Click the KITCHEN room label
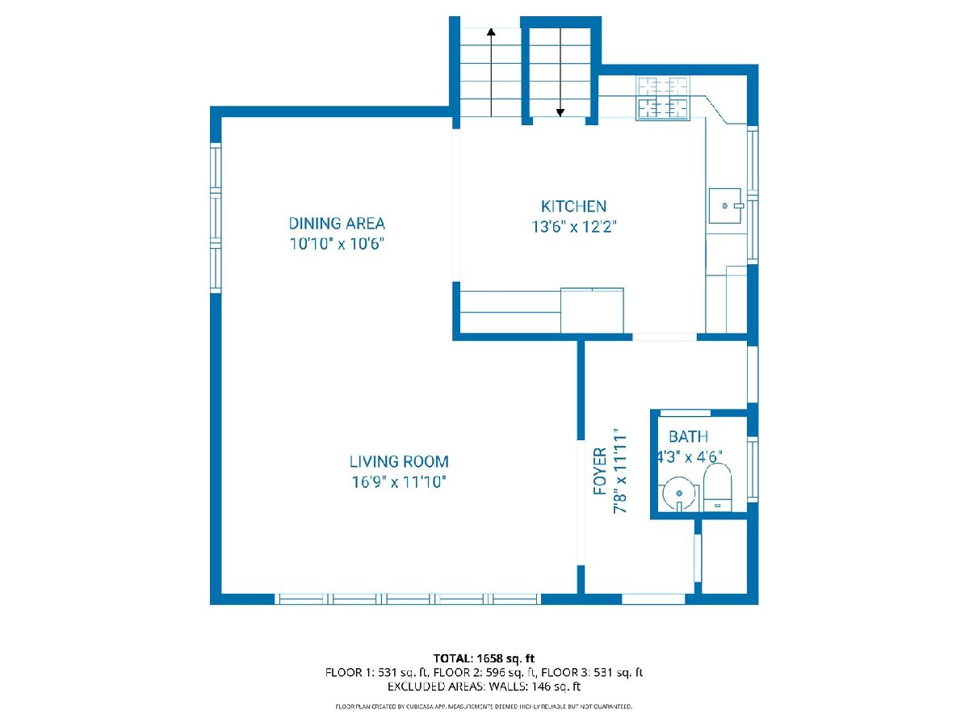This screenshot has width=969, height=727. click(x=573, y=206)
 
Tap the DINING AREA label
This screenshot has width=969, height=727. click(x=337, y=224)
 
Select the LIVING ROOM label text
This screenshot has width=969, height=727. click(x=399, y=462)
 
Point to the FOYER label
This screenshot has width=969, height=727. click(x=600, y=471)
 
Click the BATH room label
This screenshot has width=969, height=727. click(x=688, y=436)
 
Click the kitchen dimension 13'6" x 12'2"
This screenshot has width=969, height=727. click(x=573, y=226)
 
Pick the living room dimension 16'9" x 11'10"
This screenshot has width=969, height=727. click(x=399, y=482)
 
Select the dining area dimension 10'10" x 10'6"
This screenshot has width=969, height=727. click(x=337, y=244)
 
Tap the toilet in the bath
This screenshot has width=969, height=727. click(x=717, y=487)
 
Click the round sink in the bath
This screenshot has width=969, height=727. click(x=679, y=494)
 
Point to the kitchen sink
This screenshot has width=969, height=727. click(x=725, y=206)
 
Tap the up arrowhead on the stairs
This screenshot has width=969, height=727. click(x=491, y=32)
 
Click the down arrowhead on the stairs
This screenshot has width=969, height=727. click(x=560, y=113)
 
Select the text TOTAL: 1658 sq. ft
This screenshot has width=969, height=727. click(x=484, y=658)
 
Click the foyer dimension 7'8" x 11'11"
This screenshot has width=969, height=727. click(x=620, y=471)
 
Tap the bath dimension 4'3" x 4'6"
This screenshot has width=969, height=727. click(x=689, y=457)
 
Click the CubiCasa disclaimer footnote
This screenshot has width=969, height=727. click(x=484, y=707)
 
